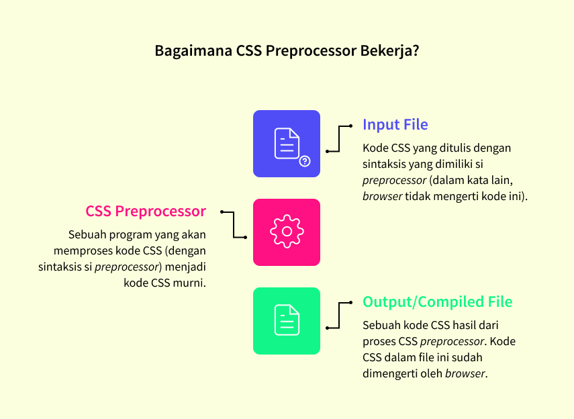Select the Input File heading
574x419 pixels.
[395, 125]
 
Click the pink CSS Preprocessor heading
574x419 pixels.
[146, 211]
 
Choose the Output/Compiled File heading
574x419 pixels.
[437, 302]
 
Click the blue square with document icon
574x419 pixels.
[287, 144]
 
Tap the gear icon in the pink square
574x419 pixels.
[287, 232]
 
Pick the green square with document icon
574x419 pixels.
[287, 320]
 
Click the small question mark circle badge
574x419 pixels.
[305, 161]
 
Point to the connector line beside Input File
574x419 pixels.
[340, 138]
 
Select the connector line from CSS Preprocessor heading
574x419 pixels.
[234, 224]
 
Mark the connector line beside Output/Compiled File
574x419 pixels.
[340, 315]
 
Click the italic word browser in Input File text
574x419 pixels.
[382, 196]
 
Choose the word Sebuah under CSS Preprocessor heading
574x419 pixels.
[87, 234]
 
